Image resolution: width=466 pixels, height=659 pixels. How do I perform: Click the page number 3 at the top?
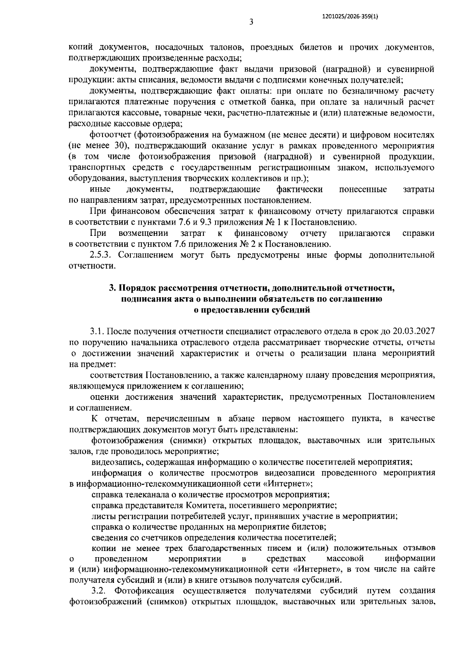pyautogui.click(x=251, y=22)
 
